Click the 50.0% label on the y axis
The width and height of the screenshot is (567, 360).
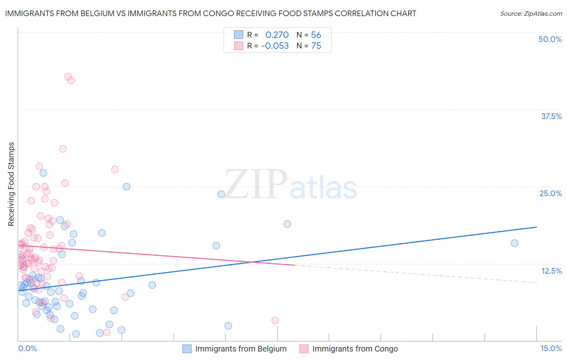pos(550,39)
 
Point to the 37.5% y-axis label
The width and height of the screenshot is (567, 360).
pos(551,116)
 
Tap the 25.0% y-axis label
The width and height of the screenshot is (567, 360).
pos(550,193)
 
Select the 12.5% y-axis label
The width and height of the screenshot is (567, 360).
pos(551,271)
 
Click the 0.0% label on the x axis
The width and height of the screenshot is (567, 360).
pos(27,349)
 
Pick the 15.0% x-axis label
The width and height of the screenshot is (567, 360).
pos(551,349)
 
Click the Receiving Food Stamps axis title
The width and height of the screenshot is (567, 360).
pos(11,184)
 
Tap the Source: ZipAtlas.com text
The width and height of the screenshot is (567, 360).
pos(531,14)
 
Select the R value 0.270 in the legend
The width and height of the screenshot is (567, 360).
pos(277,35)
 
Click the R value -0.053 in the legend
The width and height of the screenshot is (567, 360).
pos(275,46)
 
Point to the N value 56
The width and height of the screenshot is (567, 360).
pos(316,35)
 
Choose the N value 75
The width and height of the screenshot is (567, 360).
pos(316,46)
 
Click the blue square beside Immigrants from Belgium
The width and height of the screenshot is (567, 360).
pos(187,349)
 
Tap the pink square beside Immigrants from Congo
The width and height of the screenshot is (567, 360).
pos(304,349)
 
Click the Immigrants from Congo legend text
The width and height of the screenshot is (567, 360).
pos(355,349)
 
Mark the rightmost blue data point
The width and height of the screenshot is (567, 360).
pos(515,243)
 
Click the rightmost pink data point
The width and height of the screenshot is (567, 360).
pos(275,320)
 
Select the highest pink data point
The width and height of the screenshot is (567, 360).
pos(68,77)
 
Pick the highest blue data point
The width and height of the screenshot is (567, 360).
pos(43,173)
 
